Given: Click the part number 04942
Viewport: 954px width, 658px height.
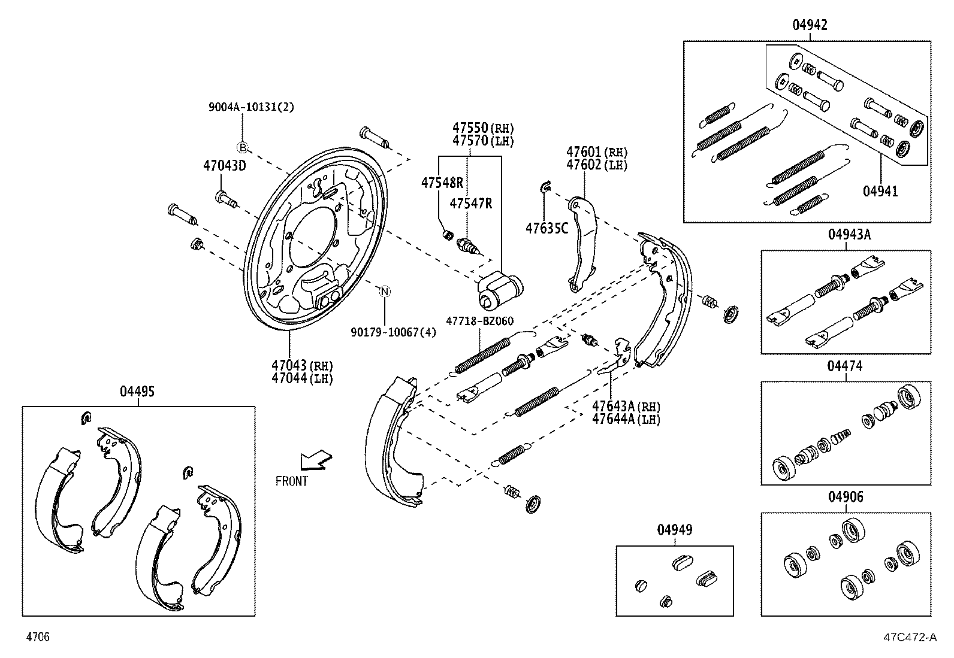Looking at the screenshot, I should tap(810, 25).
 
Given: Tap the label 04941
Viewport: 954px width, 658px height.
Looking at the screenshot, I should tap(880, 192).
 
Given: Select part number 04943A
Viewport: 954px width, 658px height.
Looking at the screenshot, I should tap(849, 235).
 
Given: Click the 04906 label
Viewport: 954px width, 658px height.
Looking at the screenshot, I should tap(846, 497).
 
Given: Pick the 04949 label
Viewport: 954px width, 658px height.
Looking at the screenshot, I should tap(675, 530).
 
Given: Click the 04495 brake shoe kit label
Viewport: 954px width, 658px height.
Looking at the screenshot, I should tap(137, 391).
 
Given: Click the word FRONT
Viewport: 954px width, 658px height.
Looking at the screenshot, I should tap(292, 481).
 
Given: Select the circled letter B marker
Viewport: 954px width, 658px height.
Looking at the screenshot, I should tap(243, 148).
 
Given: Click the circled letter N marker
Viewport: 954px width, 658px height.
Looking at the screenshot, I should tap(385, 292).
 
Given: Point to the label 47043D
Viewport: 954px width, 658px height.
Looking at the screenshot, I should tap(224, 166).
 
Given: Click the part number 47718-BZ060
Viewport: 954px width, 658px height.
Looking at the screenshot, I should tap(479, 322).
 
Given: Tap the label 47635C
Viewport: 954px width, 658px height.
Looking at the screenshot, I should tap(547, 228).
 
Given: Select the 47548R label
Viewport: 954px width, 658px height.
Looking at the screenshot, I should tap(442, 183).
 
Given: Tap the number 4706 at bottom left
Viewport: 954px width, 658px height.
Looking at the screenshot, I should tap(37, 637).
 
